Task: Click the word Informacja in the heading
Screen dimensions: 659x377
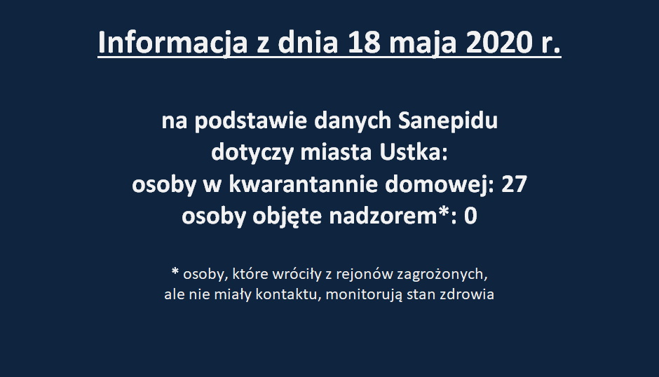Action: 172,43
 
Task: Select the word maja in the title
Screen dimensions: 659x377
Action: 423,44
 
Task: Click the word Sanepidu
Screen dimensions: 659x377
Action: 448,121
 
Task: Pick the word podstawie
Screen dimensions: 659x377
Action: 250,121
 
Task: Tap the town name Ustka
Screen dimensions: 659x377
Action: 413,153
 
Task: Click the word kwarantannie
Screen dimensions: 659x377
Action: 303,184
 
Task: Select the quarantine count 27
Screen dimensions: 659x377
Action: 514,184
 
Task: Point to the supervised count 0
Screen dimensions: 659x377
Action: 470,217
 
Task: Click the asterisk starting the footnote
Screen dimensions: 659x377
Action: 175,271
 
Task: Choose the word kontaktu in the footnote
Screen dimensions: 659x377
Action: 289,294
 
